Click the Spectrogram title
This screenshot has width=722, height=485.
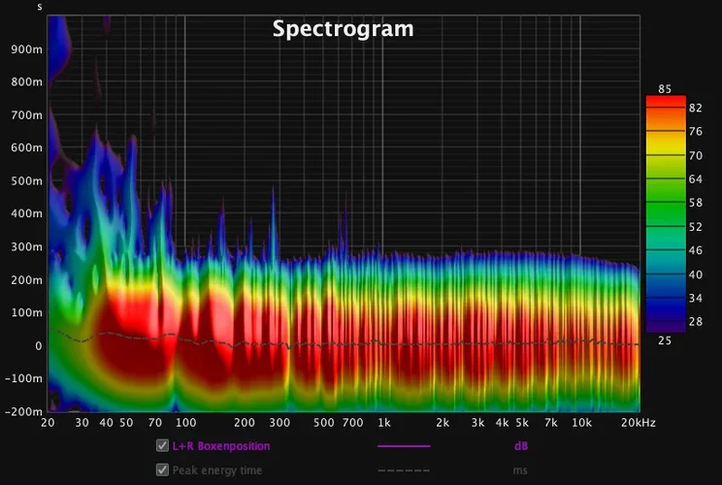pyautogui.click(x=343, y=29)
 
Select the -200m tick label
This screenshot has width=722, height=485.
pyautogui.click(x=24, y=410)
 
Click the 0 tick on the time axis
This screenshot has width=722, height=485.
pyautogui.click(x=38, y=345)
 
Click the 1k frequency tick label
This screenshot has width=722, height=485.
pyautogui.click(x=383, y=424)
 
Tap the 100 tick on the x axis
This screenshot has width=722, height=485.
pyautogui.click(x=186, y=424)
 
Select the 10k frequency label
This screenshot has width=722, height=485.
pyautogui.click(x=581, y=424)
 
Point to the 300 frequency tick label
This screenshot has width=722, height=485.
pyautogui.click(x=280, y=424)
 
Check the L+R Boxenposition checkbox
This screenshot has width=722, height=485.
pyautogui.click(x=162, y=446)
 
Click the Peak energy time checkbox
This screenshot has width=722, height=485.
pyautogui.click(x=162, y=469)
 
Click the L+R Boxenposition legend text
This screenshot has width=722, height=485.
pyautogui.click(x=220, y=446)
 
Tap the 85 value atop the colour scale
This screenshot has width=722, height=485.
pyautogui.click(x=665, y=89)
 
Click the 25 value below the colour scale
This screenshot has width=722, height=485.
pyautogui.click(x=665, y=340)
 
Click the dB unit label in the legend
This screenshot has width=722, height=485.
pyautogui.click(x=521, y=446)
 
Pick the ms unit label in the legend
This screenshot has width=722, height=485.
pyautogui.click(x=520, y=469)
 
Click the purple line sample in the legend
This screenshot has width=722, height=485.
pyautogui.click(x=403, y=446)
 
